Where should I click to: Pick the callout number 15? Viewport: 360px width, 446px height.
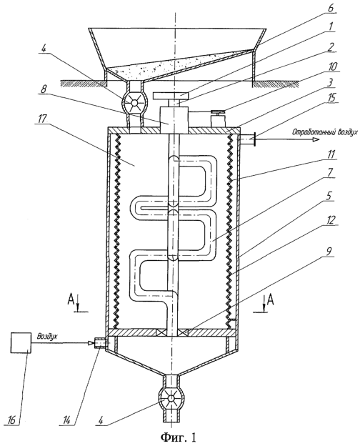331,97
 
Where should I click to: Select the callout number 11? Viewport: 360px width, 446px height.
331,154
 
